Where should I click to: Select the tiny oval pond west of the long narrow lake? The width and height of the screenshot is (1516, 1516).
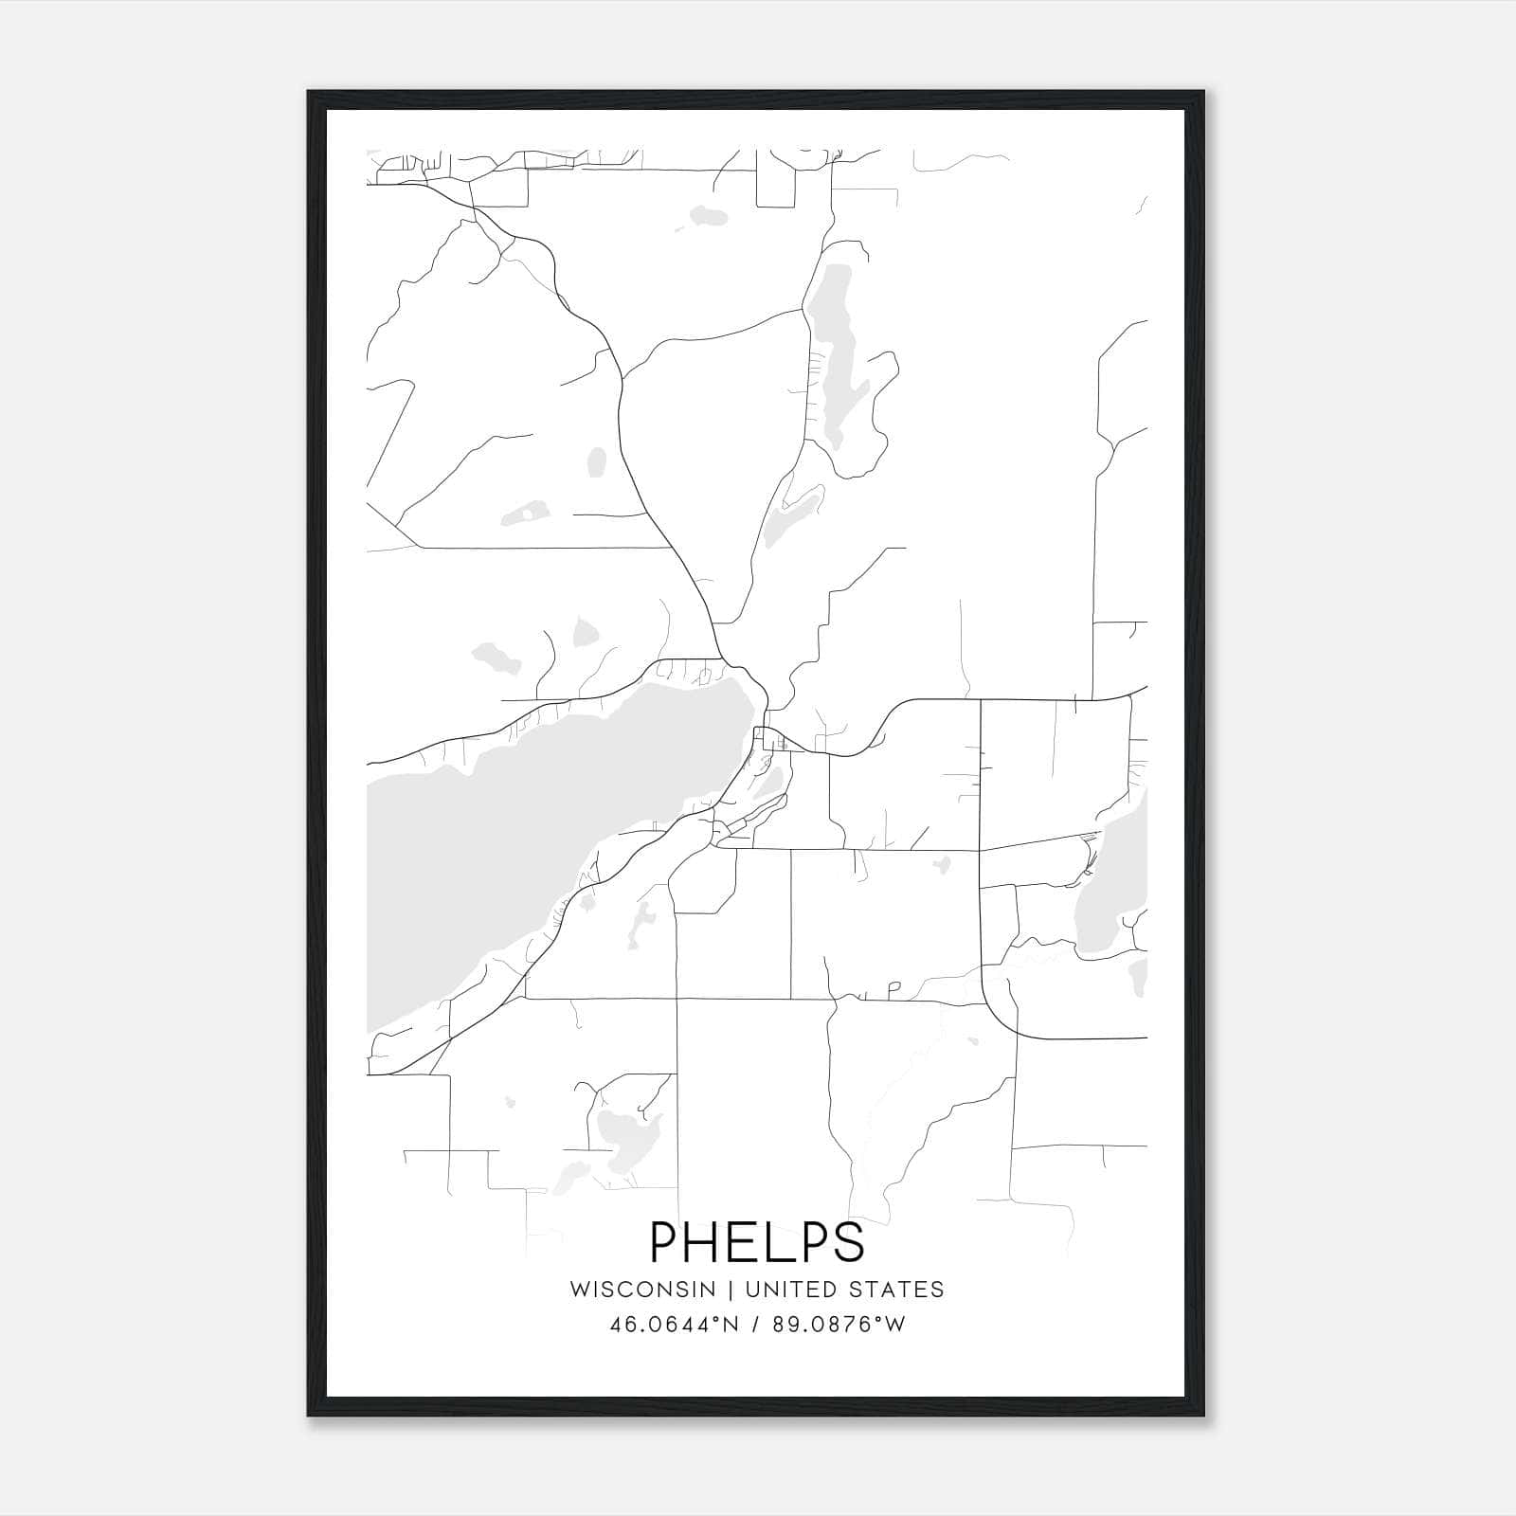pos(596,462)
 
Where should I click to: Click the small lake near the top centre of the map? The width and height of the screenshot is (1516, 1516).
pos(709,216)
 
